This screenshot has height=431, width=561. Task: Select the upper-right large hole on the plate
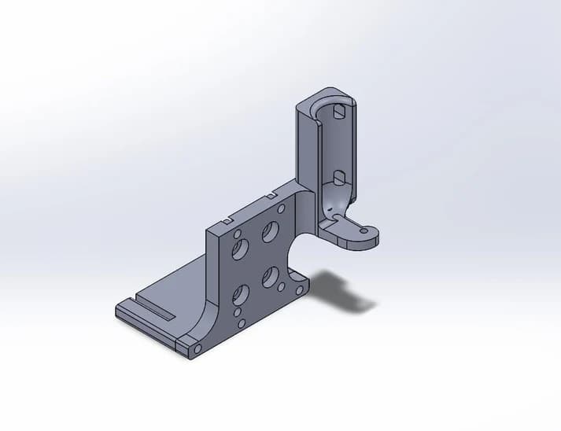270,231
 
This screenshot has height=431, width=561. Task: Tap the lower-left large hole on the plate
241,295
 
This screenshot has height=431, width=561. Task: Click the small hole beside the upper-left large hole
237,233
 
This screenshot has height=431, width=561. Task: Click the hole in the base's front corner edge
197,348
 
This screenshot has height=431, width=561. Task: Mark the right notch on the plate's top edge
270,194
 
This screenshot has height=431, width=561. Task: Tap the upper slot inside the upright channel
338,112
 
